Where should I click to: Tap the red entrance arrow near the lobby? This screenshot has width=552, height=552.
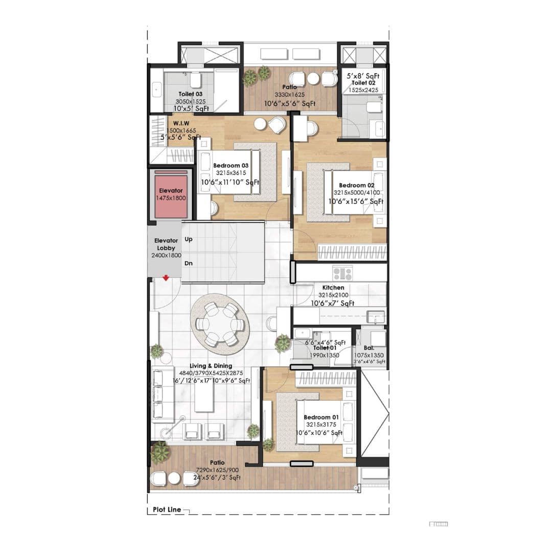[x=166, y=278]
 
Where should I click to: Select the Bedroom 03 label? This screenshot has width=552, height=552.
[x=231, y=166]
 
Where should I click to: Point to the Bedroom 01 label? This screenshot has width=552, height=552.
[x=320, y=417]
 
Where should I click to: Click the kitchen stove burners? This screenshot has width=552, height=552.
[x=342, y=272]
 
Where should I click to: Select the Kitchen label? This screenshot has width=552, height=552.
[x=333, y=288]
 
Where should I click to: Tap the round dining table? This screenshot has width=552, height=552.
[x=220, y=324]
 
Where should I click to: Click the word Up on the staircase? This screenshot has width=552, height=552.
[x=189, y=239]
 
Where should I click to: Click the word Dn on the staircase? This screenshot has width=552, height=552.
[x=189, y=264]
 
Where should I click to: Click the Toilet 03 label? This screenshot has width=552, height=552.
[x=190, y=94]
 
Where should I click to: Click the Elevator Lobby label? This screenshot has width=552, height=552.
[x=166, y=244]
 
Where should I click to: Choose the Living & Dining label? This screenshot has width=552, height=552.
[x=211, y=366]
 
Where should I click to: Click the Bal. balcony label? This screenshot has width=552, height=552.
[x=369, y=348]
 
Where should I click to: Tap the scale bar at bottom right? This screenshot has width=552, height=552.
[x=439, y=524]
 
